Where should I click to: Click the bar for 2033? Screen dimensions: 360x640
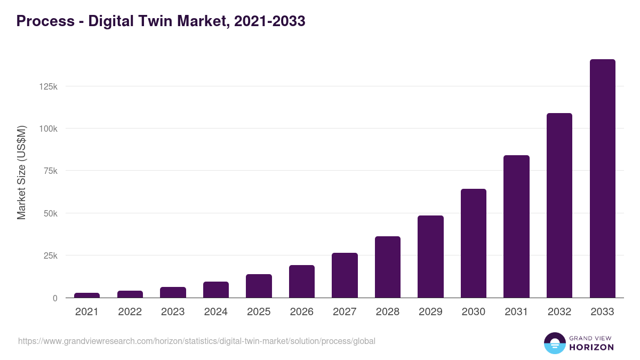(602, 179)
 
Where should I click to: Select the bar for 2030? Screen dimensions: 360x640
(474, 243)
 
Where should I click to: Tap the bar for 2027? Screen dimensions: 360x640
(345, 275)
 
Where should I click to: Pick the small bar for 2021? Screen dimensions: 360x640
(87, 295)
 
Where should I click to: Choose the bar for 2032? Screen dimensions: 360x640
(559, 205)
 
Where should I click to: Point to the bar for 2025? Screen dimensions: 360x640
(259, 286)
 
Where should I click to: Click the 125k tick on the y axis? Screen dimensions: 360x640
(49, 86)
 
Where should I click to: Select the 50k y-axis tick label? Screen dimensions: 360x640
(51, 213)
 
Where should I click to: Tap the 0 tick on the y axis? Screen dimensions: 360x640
(55, 298)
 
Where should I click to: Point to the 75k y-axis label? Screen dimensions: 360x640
(51, 171)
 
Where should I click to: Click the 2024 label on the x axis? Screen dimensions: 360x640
(215, 312)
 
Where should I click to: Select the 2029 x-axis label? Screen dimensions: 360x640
(430, 312)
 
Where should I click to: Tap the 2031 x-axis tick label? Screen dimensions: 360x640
(516, 312)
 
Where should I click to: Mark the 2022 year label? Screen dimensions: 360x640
(130, 312)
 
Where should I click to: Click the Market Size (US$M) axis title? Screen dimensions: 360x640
(21, 173)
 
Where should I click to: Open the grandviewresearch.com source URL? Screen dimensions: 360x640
(197, 341)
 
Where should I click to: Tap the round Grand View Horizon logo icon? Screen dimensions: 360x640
(554, 343)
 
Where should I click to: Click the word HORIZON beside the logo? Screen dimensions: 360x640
(591, 347)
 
